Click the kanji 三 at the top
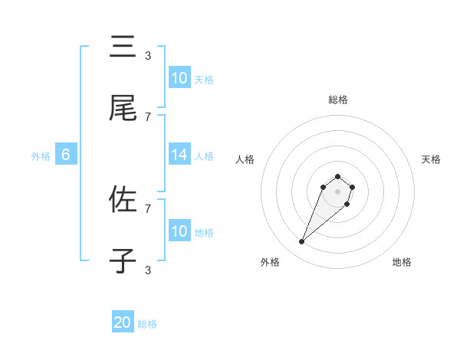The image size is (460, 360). point(123,47)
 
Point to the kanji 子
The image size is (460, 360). point(123,261)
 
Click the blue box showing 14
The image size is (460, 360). point(179,155)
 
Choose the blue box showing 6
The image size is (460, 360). point(66,155)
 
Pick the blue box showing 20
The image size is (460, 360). point(123,323)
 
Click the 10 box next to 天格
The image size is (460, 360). point(179,78)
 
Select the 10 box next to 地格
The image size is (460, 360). point(179,231)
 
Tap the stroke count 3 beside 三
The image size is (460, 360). point(148,55)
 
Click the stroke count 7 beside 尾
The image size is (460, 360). point(148,116)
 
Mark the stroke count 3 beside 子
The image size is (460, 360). point(148,270)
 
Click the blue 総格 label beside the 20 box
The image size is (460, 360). point(147,324)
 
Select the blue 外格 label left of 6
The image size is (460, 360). point(41,155)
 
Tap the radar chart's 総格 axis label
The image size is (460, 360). point(338,100)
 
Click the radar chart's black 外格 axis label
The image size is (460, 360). point(270,262)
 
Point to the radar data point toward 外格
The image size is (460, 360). point(302,242)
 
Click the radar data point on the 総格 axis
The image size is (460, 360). point(337,177)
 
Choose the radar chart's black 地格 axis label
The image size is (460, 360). point(402,262)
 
